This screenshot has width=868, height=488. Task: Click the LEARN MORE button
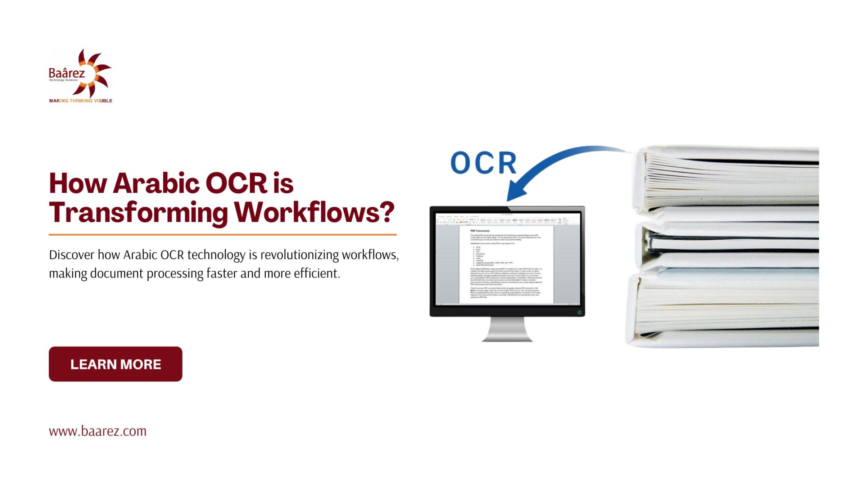(115, 364)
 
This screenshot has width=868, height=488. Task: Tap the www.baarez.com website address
(97, 431)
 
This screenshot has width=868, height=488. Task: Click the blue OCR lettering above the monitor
(483, 163)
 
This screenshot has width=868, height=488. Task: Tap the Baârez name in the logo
(67, 73)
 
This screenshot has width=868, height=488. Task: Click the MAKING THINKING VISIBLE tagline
(81, 101)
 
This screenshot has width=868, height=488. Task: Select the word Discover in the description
(72, 255)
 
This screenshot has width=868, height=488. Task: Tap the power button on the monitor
(579, 312)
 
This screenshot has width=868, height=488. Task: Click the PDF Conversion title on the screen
(480, 231)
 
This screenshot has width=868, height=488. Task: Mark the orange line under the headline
(223, 234)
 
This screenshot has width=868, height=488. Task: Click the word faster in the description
(222, 273)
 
